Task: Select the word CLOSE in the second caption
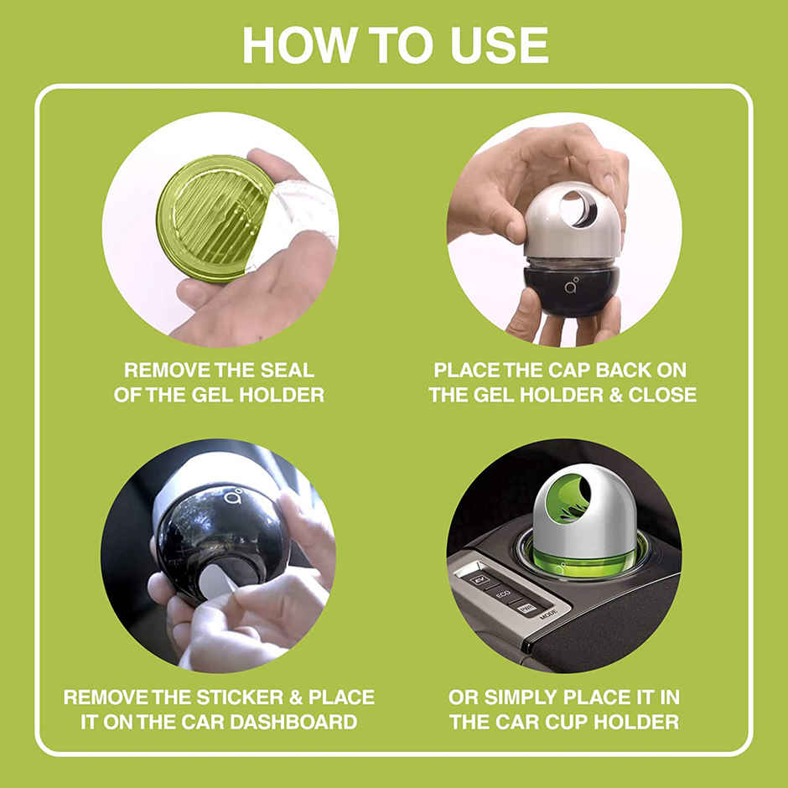click(662, 394)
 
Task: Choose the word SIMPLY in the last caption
click(527, 697)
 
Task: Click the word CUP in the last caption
click(568, 721)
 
